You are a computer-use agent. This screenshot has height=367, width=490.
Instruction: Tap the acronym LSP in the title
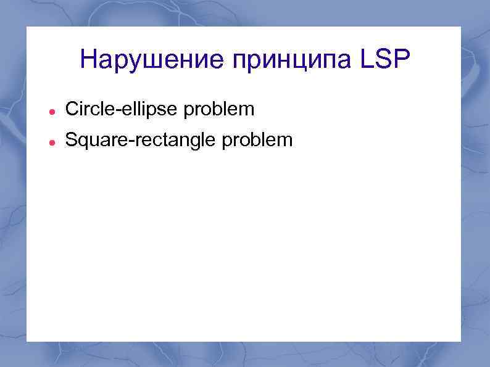tap(378, 60)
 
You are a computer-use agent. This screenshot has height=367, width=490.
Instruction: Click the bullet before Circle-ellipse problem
tap(53, 112)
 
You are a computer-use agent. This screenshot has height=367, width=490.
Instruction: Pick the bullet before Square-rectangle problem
tap(53, 142)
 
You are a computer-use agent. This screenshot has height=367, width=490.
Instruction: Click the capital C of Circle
tap(71, 109)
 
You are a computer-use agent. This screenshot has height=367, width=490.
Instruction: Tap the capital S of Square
tap(71, 140)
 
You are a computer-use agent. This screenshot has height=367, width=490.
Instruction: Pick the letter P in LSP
tap(399, 60)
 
